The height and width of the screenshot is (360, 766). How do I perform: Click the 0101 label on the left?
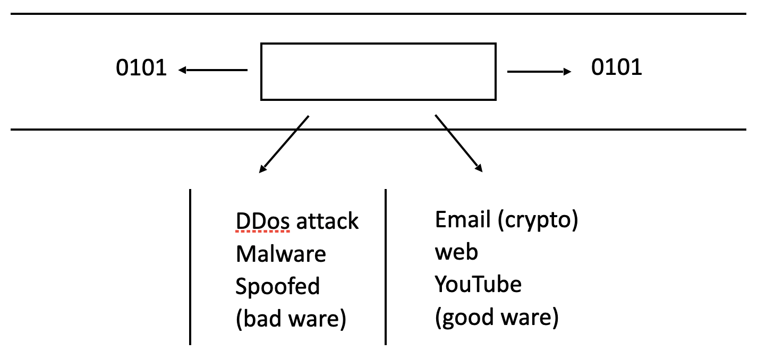coord(141,67)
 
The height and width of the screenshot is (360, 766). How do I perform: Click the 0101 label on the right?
coord(616,67)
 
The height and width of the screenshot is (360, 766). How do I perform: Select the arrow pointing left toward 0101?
coord(212,70)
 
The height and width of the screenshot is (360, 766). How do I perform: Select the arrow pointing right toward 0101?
coord(539,72)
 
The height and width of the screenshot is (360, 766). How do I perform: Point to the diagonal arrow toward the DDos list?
coord(284,144)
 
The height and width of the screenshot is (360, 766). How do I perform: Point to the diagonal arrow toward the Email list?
coord(458,143)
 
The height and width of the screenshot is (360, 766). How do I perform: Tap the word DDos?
coord(262,221)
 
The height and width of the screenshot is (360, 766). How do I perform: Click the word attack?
coord(327,221)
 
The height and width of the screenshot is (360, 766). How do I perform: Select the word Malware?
coord(281,254)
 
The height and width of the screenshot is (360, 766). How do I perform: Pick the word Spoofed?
coord(277,287)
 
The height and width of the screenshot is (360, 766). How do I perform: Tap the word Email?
coord(463,219)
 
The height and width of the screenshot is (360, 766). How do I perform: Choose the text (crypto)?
coord(538,220)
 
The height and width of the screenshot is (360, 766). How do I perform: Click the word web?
coord(456,252)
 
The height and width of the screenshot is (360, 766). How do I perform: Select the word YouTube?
coord(478,284)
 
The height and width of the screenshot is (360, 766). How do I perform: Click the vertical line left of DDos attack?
coord(190,267)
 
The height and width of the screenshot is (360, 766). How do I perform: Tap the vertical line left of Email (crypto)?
coord(386,267)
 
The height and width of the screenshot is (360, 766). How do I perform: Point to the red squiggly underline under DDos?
coord(262,232)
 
